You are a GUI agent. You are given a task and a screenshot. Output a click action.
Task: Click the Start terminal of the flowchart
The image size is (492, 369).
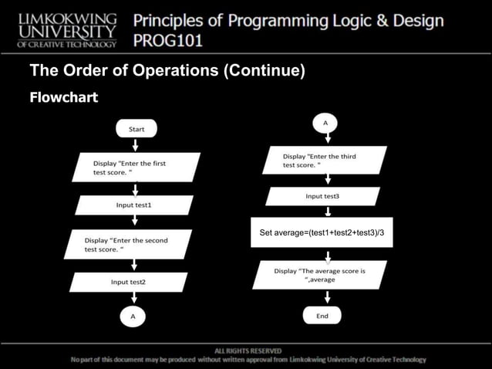pyautogui.click(x=135, y=129)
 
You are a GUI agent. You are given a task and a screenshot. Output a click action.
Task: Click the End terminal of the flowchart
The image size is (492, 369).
pyautogui.click(x=322, y=316)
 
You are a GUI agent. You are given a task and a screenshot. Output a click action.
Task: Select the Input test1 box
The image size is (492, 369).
pyautogui.click(x=134, y=205)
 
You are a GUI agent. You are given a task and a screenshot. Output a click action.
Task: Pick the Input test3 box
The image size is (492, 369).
pyautogui.click(x=322, y=197)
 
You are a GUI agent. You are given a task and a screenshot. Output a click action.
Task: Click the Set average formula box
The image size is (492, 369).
pyautogui.click(x=323, y=232)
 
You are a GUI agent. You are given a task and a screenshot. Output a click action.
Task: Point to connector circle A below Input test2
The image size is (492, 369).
pyautogui.click(x=133, y=316)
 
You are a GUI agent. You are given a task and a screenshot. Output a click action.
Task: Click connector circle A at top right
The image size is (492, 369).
pyautogui.click(x=325, y=122)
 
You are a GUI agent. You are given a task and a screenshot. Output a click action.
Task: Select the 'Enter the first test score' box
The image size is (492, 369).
pyautogui.click(x=136, y=168)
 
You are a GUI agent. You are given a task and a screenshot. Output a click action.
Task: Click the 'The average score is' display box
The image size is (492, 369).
pyautogui.click(x=322, y=276)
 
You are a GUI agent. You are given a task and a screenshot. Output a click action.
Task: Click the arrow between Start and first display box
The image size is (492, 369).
pyautogui.click(x=135, y=144)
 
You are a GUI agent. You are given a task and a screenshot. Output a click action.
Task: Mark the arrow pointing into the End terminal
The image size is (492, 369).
pyautogui.click(x=322, y=299)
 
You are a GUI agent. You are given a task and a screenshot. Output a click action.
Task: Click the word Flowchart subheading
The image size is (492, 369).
pyautogui.click(x=63, y=98)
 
